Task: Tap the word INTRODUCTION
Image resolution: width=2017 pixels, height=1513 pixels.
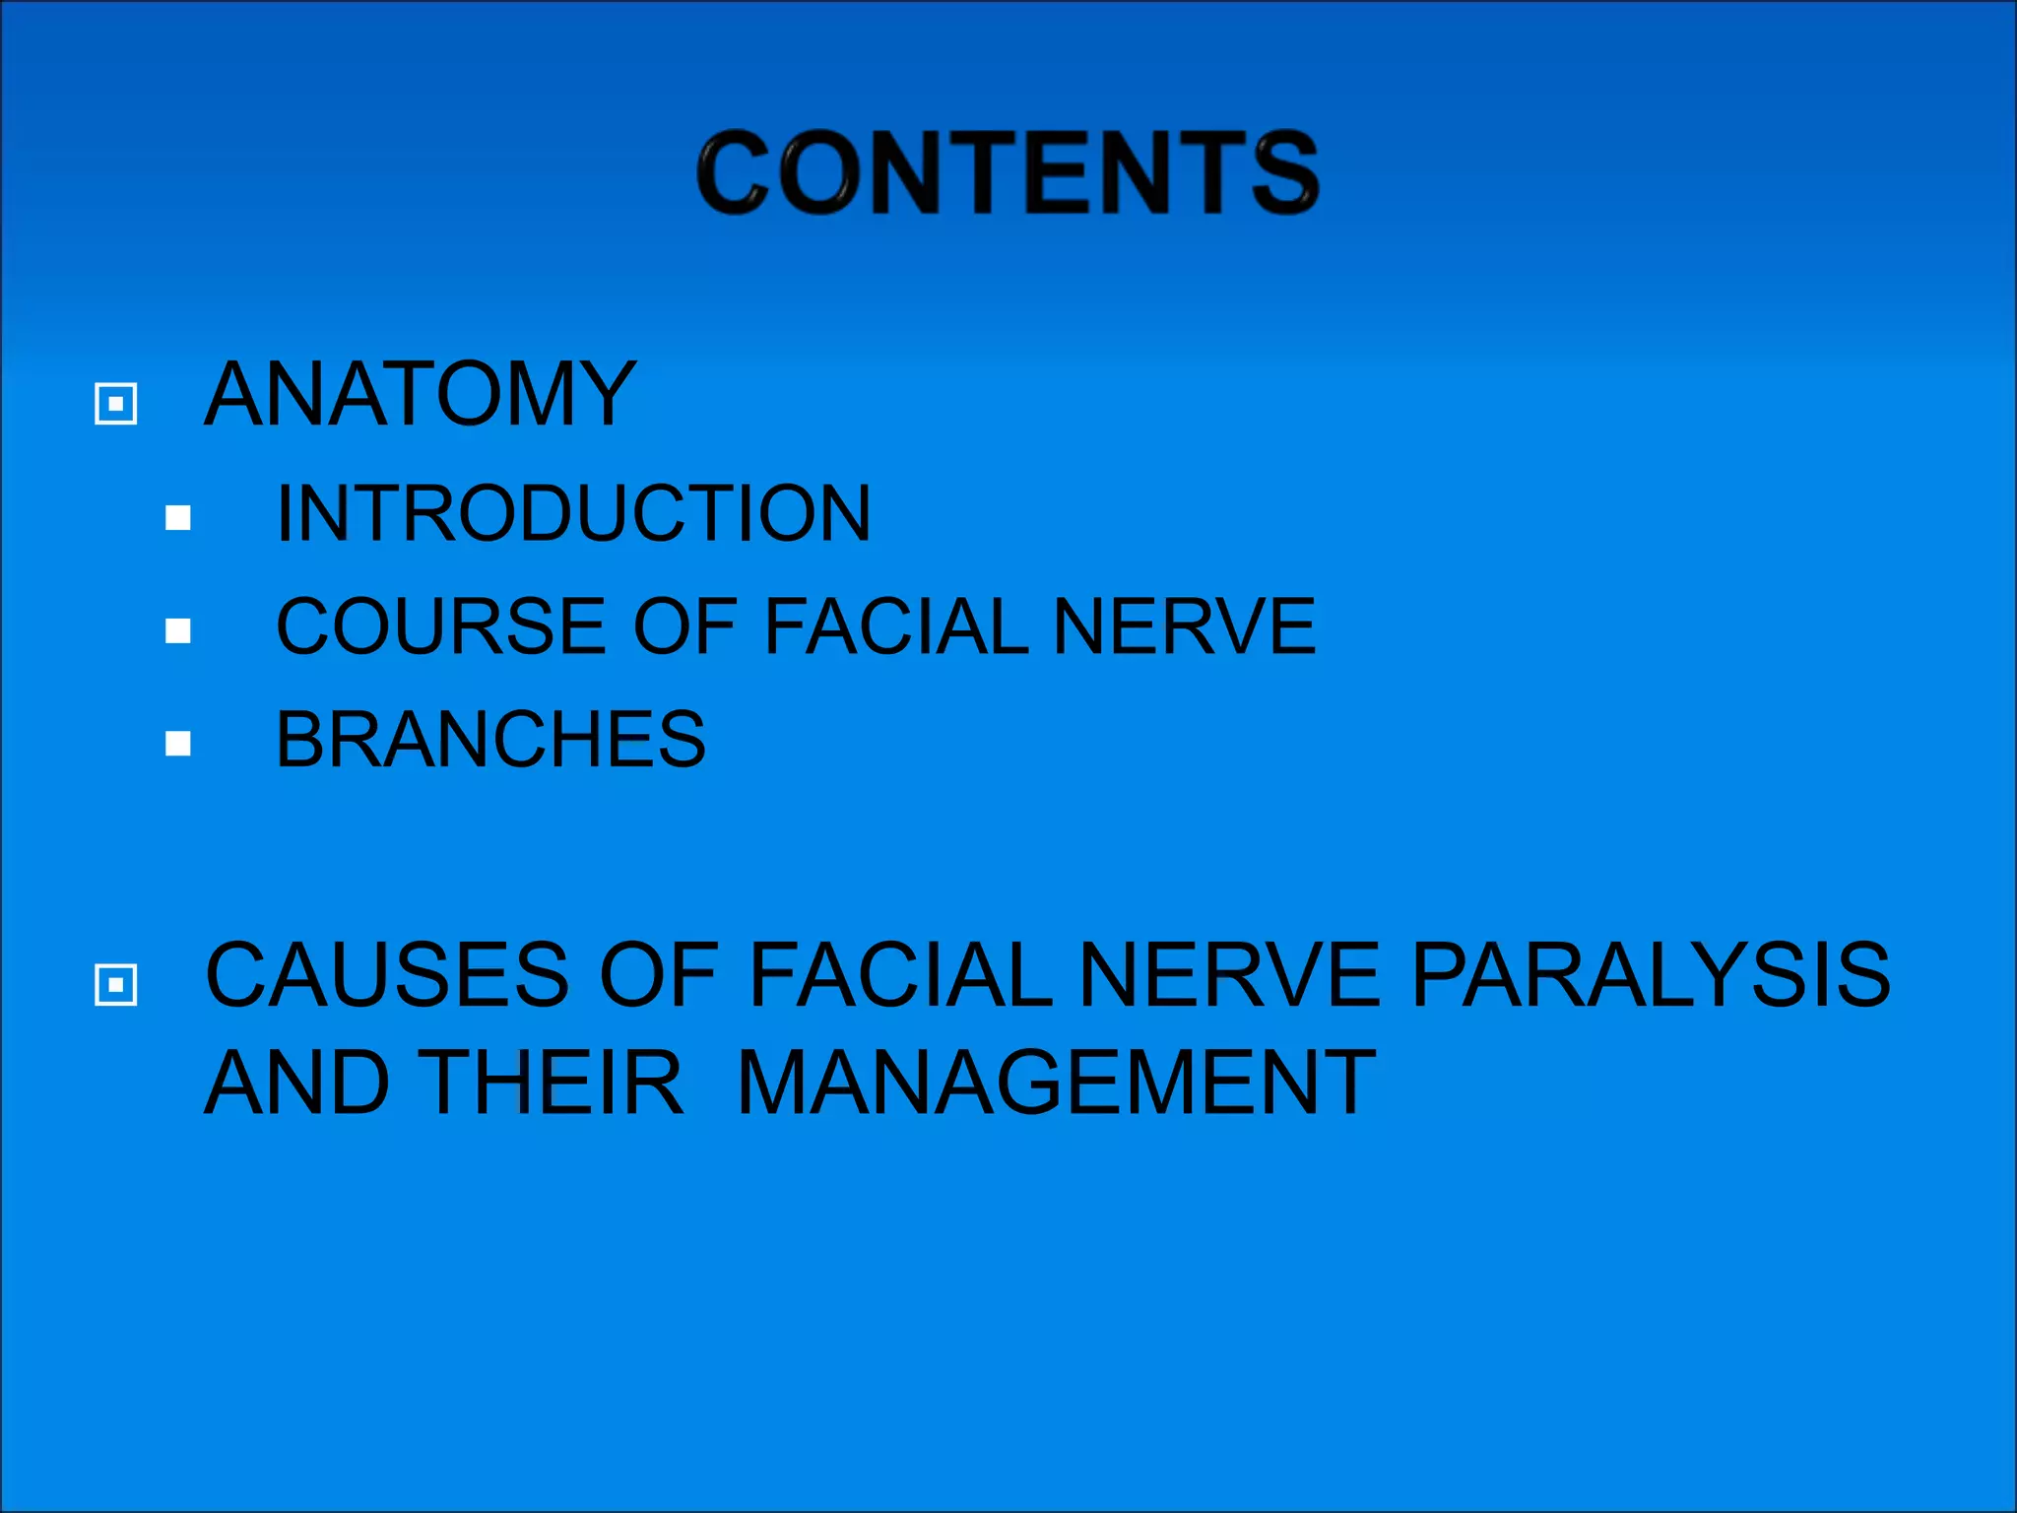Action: pyautogui.click(x=573, y=513)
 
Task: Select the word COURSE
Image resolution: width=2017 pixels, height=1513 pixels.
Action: pyautogui.click(x=440, y=626)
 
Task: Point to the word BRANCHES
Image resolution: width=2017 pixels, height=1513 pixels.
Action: pyautogui.click(x=490, y=740)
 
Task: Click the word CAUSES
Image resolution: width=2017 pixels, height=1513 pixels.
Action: pyautogui.click(x=387, y=975)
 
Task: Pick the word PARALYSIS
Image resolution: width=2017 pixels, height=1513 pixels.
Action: pyautogui.click(x=1650, y=975)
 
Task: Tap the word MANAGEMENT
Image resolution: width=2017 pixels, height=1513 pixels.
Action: pyautogui.click(x=1056, y=1084)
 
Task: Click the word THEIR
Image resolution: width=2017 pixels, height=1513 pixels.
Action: pyautogui.click(x=555, y=1084)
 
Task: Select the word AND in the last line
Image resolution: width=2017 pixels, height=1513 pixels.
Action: pyautogui.click(x=296, y=1084)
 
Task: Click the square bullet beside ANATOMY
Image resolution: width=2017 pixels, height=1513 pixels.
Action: pyautogui.click(x=115, y=404)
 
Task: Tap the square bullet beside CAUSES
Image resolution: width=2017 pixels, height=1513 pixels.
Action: pyautogui.click(x=115, y=985)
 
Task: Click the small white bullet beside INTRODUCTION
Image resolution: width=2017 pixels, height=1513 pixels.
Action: pyautogui.click(x=178, y=518)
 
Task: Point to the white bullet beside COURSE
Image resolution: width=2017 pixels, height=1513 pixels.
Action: pyautogui.click(x=178, y=630)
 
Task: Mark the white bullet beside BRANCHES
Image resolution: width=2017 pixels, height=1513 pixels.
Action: pyautogui.click(x=178, y=744)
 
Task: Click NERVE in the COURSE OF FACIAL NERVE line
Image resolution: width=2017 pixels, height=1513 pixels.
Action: pyautogui.click(x=1184, y=626)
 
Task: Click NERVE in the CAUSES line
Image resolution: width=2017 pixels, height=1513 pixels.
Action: pyautogui.click(x=1230, y=975)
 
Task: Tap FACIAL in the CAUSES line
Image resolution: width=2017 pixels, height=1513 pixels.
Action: pyautogui.click(x=900, y=975)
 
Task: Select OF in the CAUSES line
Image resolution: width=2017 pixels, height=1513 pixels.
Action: pyautogui.click(x=658, y=975)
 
